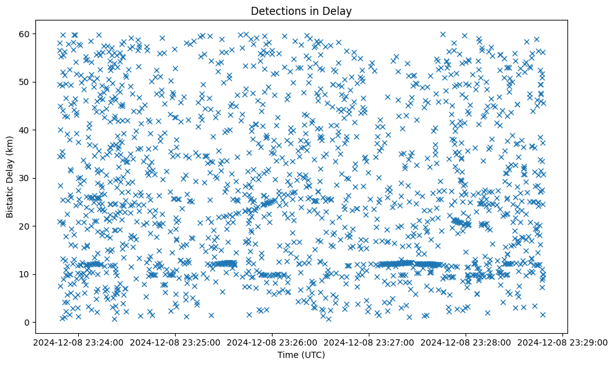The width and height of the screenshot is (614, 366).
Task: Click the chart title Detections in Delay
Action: (x=300, y=11)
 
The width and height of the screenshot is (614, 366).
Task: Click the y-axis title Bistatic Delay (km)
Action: (x=11, y=176)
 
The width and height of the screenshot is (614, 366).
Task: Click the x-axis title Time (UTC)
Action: (x=300, y=355)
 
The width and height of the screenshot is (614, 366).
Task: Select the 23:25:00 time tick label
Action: (x=174, y=342)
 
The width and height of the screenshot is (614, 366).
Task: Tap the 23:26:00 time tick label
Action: (x=272, y=342)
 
